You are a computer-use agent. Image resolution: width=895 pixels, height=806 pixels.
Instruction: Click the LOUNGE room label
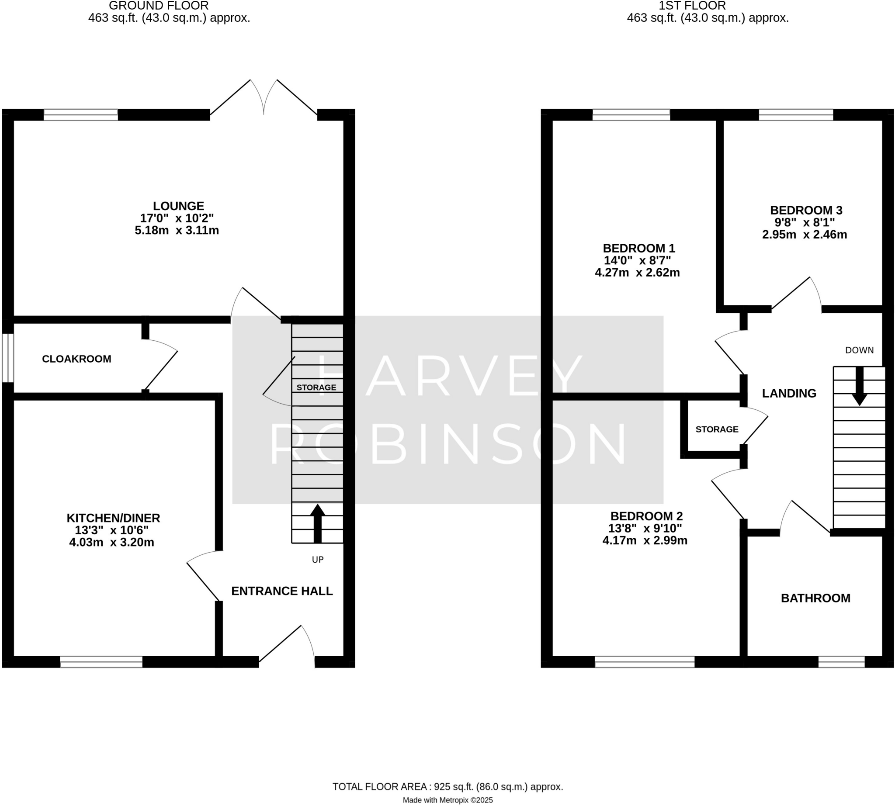tap(178, 206)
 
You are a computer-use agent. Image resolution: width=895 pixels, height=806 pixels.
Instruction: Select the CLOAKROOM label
tap(76, 359)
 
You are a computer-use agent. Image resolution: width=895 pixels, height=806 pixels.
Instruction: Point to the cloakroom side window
tap(7, 358)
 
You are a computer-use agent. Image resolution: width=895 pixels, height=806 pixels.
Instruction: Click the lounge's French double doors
tap(264, 100)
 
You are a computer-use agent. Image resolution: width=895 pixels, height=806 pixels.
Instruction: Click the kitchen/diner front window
tap(101, 662)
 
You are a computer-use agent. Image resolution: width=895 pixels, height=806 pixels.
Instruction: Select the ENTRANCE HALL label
tap(282, 591)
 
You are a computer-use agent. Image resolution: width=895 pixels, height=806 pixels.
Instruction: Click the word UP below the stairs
tap(318, 560)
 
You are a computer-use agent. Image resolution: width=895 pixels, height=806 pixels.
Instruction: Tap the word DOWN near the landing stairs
tap(859, 350)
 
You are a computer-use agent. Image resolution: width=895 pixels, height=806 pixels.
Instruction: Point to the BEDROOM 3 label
tap(806, 210)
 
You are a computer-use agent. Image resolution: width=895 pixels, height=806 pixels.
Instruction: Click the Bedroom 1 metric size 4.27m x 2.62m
tap(637, 272)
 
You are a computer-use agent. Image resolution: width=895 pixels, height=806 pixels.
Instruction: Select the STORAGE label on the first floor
tap(716, 429)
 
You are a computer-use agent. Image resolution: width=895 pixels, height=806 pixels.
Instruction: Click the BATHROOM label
tap(815, 598)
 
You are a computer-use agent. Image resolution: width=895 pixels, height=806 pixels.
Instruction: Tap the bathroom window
tap(841, 662)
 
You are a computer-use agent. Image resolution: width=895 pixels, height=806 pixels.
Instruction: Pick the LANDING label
tap(789, 393)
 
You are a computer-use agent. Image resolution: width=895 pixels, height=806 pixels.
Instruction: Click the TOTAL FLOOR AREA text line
tap(447, 786)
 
